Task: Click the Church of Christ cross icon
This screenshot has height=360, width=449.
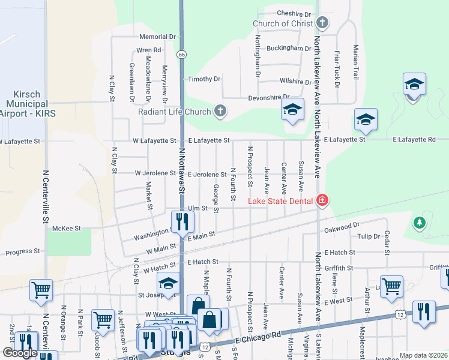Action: [x=322, y=23]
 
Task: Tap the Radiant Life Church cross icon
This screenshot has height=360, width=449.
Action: [x=221, y=111]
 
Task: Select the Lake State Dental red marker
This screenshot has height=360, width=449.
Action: [x=322, y=200]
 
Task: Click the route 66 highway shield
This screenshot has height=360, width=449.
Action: [x=181, y=54]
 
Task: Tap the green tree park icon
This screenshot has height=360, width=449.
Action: [x=420, y=224]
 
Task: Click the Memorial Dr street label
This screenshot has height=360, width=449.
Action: [x=157, y=37]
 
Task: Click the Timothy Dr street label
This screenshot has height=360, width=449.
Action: [x=204, y=79]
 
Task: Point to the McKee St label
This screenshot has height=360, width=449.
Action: [x=67, y=228]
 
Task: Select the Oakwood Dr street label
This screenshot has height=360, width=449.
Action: [x=341, y=229]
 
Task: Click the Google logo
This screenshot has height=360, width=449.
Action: [x=19, y=353]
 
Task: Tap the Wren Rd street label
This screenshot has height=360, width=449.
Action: [x=149, y=50]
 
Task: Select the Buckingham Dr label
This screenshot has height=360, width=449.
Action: [x=289, y=48]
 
